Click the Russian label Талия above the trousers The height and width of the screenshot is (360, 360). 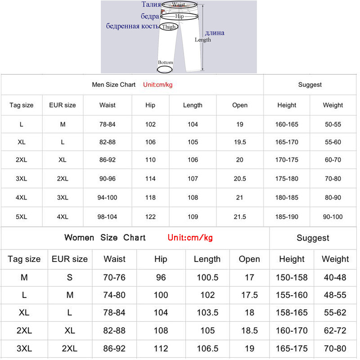coord(151,4)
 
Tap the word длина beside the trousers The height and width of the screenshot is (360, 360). coord(214,32)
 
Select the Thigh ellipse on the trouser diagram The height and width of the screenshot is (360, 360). coord(169,27)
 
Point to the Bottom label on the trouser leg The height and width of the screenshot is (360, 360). coord(165,63)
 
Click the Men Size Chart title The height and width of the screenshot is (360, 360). coord(113,85)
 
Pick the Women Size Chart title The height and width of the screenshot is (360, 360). coord(105,238)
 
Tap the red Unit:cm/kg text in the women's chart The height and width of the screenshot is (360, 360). coord(190,238)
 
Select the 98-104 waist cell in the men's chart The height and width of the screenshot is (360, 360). coord(108,217)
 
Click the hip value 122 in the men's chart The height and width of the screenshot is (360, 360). coord(150,217)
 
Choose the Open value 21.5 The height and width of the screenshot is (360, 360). coord(240,217)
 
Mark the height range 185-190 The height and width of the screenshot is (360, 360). coord(287,217)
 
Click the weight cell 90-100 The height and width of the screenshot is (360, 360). coord(333,217)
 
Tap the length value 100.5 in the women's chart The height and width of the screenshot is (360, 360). coord(207,278)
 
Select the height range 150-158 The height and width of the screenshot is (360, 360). coord(292,278)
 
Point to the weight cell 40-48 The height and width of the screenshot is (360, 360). coord(335,278)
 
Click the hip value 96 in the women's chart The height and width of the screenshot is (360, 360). coord(161,278)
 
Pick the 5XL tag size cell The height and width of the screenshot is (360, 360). coord(22,217)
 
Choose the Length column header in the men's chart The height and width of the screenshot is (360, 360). coord(193,105)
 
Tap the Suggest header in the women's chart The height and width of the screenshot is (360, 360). coord(313,238)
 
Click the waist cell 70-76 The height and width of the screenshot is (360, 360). coord(114,278)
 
